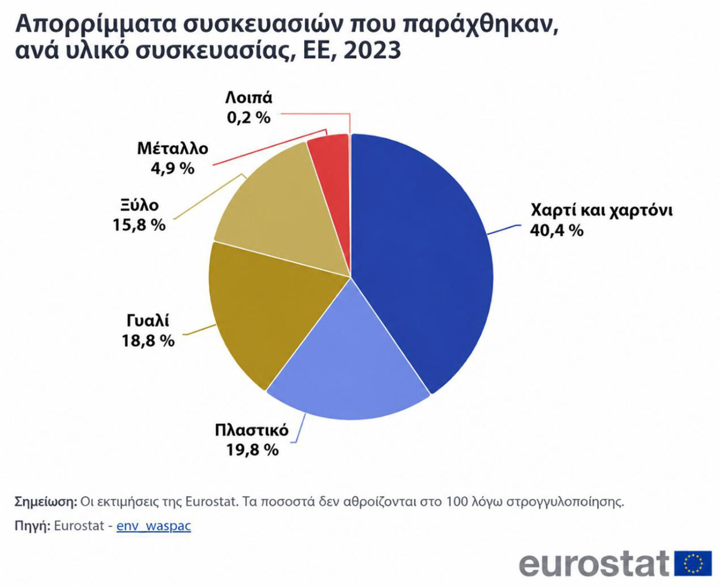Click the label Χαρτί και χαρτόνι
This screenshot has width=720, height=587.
click(x=601, y=211)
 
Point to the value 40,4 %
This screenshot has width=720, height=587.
click(x=556, y=230)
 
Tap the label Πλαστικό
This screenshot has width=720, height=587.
click(x=252, y=430)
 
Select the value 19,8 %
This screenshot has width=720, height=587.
click(x=252, y=450)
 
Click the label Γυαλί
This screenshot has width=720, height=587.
click(x=148, y=321)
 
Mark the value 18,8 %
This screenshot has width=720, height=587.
click(x=148, y=341)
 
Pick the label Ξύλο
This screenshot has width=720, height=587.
click(x=140, y=206)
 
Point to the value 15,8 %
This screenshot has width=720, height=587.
click(x=139, y=225)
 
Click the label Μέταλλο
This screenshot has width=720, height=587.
click(x=173, y=149)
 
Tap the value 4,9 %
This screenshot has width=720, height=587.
click(x=172, y=169)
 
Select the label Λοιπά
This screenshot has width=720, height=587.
click(x=248, y=98)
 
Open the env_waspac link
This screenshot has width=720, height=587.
click(x=154, y=526)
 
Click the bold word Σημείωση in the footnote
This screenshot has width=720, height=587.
click(x=46, y=502)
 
